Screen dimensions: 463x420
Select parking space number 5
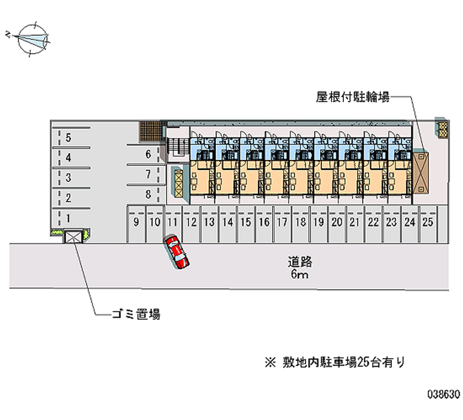(68, 137)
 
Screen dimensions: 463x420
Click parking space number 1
(68, 218)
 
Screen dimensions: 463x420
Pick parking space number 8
(148, 195)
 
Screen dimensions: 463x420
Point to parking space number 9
(136, 222)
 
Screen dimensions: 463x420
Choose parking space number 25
(428, 222)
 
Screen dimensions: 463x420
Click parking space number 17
(282, 222)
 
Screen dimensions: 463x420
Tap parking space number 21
(355, 222)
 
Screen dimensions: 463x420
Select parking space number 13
(209, 222)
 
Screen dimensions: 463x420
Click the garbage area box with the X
(74, 236)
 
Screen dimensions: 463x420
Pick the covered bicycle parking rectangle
(421, 172)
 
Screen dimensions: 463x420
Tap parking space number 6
(148, 154)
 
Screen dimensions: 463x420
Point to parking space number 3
(68, 177)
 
